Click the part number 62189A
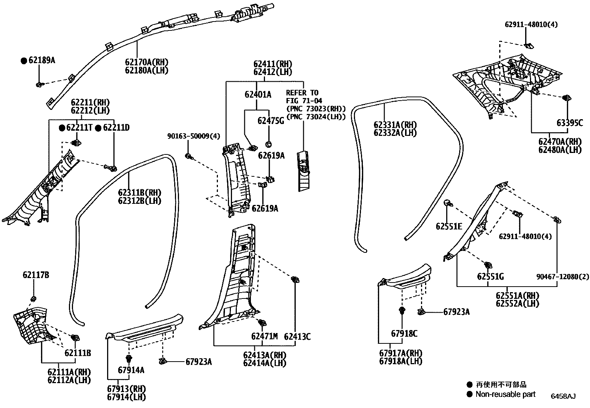(42, 60)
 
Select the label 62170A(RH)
(146, 62)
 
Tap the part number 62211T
(79, 128)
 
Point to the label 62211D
(116, 128)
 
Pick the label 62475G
(271, 121)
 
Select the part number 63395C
(569, 123)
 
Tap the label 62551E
(449, 226)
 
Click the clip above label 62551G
(488, 265)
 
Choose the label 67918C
(404, 334)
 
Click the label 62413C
(297, 337)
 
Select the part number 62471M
(264, 337)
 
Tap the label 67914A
(131, 370)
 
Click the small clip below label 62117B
(33, 298)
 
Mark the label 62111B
(77, 353)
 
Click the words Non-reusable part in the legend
(506, 394)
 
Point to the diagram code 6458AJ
(563, 396)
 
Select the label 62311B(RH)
(140, 192)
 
